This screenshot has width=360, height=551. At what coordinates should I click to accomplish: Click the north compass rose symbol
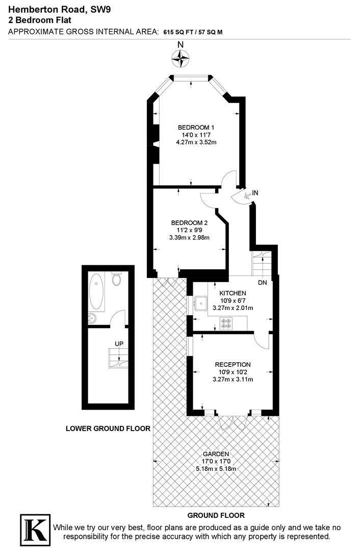pos(180,60)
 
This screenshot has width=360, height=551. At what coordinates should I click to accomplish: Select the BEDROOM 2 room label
pos(189,222)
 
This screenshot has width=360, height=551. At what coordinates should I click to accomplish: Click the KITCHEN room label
pos(233,293)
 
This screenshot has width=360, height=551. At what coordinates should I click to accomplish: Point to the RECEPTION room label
pos(233,364)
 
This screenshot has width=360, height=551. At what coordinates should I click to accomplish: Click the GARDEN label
pos(216,454)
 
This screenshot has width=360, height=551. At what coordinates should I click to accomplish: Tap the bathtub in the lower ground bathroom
pos(96,292)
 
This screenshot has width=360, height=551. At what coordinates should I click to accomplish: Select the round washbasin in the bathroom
pos(93,318)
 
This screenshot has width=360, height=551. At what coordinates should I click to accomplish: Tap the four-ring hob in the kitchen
pos(225,322)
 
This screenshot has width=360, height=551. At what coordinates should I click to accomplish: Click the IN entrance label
pos(255,193)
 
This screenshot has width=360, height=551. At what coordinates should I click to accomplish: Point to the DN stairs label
pos(263,282)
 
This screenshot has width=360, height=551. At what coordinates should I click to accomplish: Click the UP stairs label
pos(119,343)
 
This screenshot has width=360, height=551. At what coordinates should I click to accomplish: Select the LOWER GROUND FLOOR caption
pos(108,429)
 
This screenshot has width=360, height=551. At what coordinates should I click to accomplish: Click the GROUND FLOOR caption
pos(216,515)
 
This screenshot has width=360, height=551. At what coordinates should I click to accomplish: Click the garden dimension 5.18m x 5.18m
pos(216,468)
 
